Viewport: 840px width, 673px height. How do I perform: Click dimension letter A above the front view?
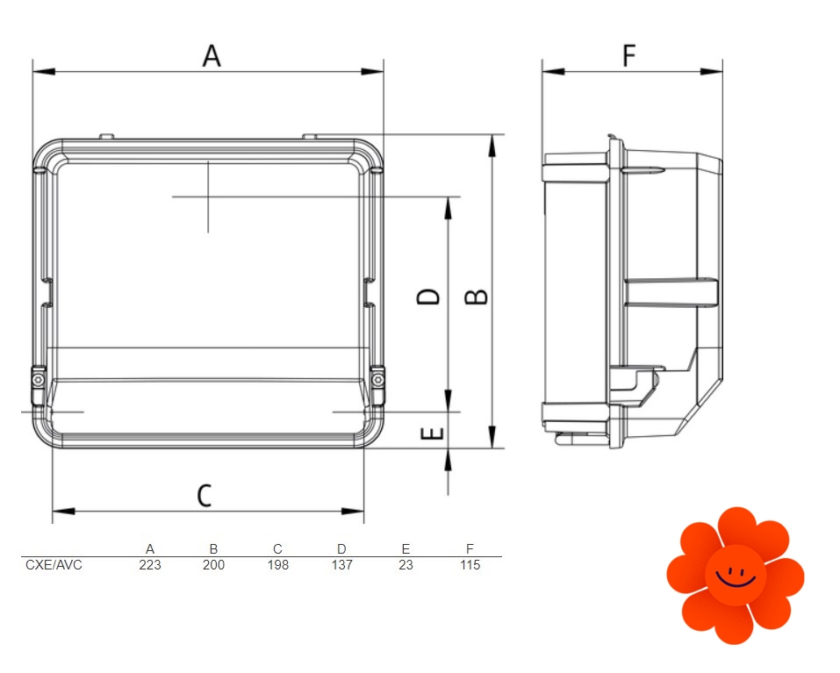coord(212,55)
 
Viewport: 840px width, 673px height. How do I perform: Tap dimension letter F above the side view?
coord(629,55)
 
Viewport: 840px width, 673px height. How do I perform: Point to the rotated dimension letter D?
coord(428,297)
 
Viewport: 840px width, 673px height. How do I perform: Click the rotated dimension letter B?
coord(477,297)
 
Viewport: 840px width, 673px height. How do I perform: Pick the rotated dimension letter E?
coord(433,433)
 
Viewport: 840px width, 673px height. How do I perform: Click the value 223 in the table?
coord(150,565)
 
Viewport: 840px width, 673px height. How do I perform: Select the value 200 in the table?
coord(214,565)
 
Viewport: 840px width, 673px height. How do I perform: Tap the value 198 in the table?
coord(278,565)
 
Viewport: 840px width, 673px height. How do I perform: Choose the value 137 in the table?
coord(341,565)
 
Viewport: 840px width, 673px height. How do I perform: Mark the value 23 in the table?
coord(406,565)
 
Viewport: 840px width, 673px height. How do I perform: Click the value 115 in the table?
coord(470,565)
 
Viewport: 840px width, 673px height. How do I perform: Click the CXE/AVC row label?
coord(54,565)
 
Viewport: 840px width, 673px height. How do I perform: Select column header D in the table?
coord(341,548)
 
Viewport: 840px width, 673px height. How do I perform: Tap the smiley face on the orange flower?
coord(736,576)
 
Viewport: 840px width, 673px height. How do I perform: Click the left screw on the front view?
coord(38,380)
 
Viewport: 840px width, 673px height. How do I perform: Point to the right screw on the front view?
coord(377,380)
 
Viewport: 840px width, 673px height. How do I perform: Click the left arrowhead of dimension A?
coord(44,71)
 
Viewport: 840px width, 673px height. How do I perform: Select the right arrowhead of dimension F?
coord(712,71)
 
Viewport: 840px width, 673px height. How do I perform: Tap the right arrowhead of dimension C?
coord(353,512)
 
